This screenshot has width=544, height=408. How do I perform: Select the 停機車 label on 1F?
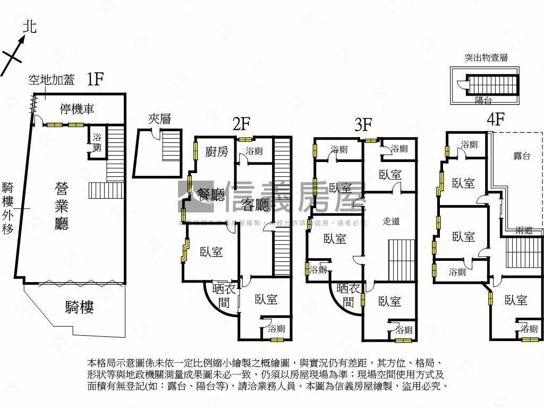coord(77,110)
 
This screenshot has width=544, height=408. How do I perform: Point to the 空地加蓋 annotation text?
coord(51,80)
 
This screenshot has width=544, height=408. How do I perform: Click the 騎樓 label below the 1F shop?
coord(80,307)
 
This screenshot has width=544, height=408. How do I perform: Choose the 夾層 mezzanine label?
coord(159,119)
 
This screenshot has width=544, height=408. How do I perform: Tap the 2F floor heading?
coord(241,124)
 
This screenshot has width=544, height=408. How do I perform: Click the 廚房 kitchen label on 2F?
coord(217,152)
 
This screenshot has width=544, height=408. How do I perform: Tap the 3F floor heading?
coord(363,125)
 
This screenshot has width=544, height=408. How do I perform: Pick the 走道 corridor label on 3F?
coord(391,221)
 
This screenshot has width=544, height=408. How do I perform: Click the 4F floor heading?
coord(495,120)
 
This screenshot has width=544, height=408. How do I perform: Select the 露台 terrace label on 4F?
coord(522,156)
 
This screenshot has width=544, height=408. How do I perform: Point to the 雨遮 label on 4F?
coord(524,230)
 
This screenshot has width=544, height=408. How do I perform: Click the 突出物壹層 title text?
coord(486,58)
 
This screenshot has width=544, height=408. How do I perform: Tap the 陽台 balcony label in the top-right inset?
coord(483,100)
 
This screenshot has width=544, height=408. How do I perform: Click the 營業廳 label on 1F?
coord(62,206)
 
